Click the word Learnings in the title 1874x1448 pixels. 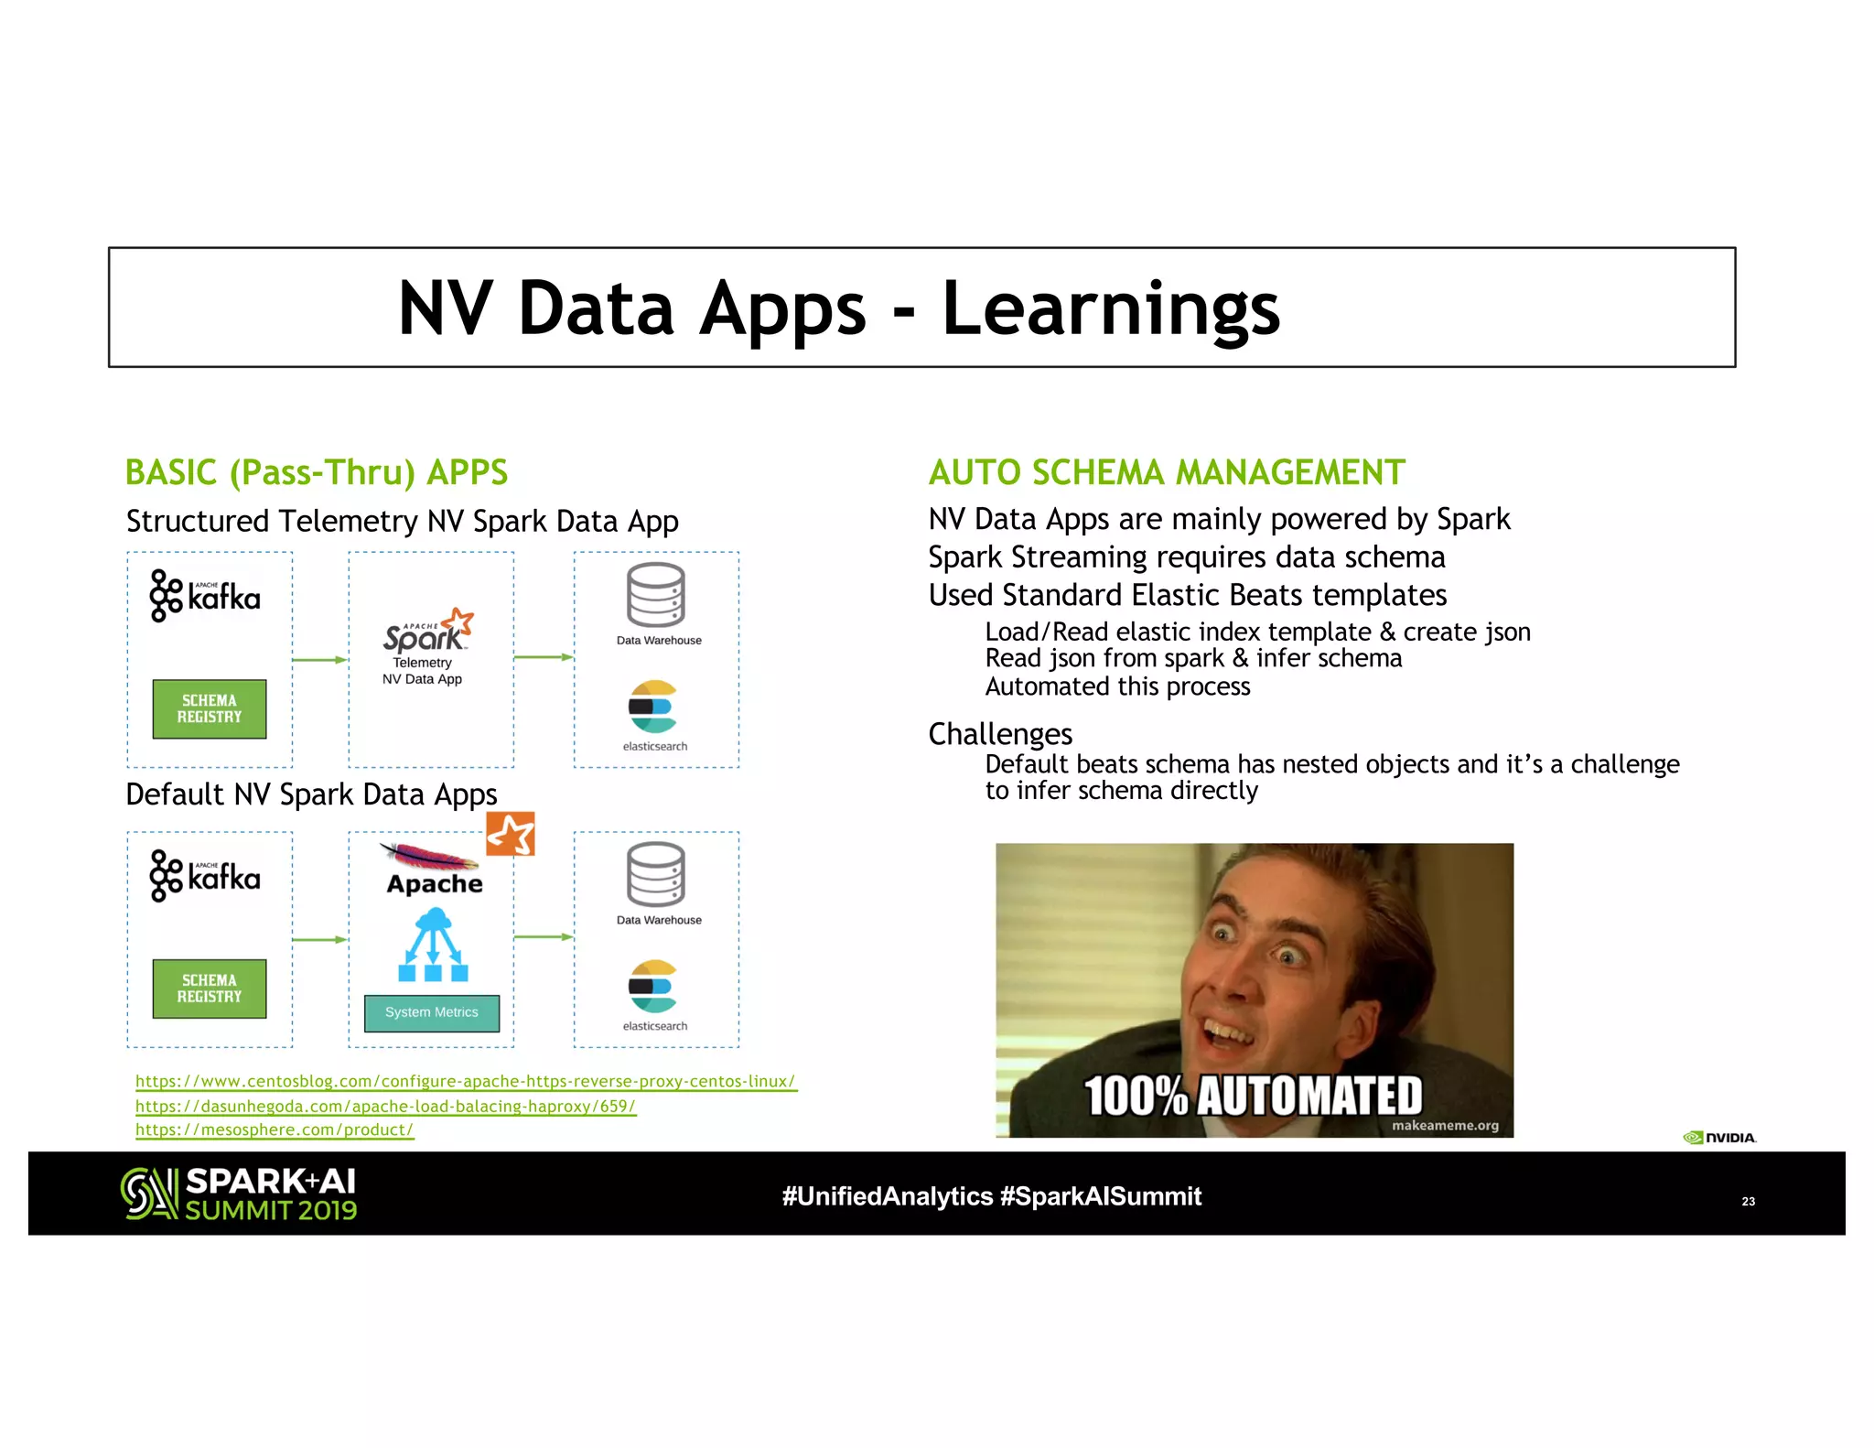tap(1110, 309)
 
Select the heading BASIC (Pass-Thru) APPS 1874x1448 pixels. tap(316, 472)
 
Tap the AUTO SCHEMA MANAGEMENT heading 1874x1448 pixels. tap(1166, 472)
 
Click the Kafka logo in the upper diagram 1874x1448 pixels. tap(205, 596)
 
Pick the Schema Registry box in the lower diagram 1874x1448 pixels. tap(210, 989)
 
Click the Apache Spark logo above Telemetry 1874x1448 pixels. tap(428, 630)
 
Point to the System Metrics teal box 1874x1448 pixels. tap(432, 1012)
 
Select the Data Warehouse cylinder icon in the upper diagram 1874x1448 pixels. tap(655, 595)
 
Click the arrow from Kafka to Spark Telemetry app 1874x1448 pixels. tap(319, 659)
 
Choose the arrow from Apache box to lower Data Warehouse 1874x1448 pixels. tap(543, 937)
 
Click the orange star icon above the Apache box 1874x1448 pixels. tap(510, 834)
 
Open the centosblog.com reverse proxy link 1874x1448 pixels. tap(465, 1081)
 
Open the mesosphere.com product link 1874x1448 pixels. tap(275, 1129)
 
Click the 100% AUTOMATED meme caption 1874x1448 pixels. tap(1253, 1096)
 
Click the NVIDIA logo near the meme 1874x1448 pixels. tap(1718, 1138)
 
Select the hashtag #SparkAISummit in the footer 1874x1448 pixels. tap(1101, 1196)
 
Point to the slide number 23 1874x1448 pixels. tap(1748, 1201)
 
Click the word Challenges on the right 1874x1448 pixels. tap(999, 734)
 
